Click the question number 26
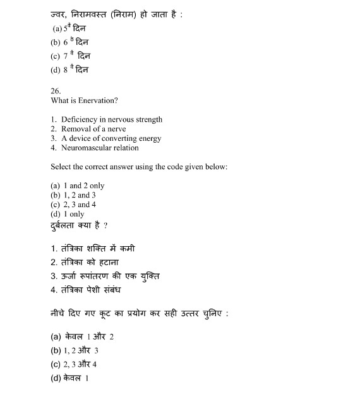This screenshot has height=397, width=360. (x=56, y=91)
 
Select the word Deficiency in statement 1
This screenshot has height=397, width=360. (x=80, y=119)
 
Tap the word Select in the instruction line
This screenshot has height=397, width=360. (x=61, y=167)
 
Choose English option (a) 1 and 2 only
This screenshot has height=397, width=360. (x=77, y=186)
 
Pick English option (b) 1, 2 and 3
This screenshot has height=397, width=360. (x=73, y=195)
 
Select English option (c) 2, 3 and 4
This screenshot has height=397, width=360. (x=73, y=204)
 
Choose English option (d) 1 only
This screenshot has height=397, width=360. (x=67, y=214)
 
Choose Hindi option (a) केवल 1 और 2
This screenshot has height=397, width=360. (x=81, y=336)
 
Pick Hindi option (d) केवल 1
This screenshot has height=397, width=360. (x=69, y=378)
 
